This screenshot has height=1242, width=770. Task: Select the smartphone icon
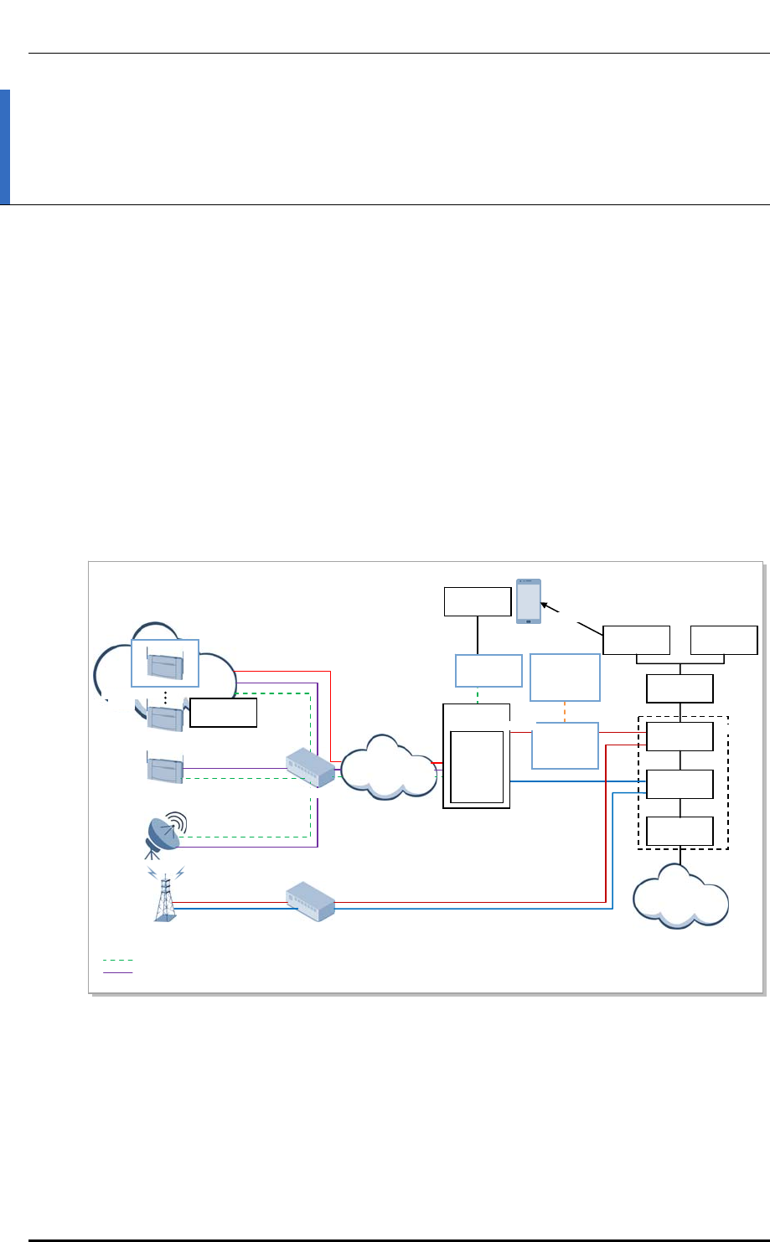pyautogui.click(x=529, y=600)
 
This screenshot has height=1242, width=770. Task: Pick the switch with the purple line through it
pyautogui.click(x=311, y=767)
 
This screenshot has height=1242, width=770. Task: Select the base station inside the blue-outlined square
pyautogui.click(x=164, y=661)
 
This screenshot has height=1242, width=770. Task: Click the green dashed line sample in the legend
pyautogui.click(x=117, y=961)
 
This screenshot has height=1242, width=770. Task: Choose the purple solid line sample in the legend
pyautogui.click(x=117, y=972)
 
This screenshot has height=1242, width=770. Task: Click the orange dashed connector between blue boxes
pyautogui.click(x=566, y=711)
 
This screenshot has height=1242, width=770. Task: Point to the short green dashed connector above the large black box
pyautogui.click(x=477, y=695)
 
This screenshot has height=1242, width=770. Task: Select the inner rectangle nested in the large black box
pyautogui.click(x=477, y=766)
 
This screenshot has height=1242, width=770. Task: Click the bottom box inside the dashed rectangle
pyautogui.click(x=680, y=832)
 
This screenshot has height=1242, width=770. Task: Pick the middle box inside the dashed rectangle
pyautogui.click(x=680, y=784)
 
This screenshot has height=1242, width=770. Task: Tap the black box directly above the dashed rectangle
pyautogui.click(x=680, y=688)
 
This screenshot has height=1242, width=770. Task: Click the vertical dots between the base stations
pyautogui.click(x=166, y=697)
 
